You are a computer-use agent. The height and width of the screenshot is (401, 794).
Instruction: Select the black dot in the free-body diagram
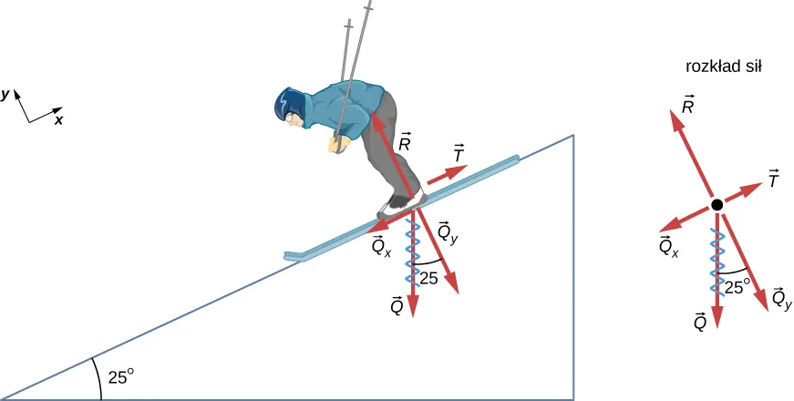(717, 205)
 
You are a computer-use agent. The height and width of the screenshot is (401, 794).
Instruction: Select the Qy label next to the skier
(447, 232)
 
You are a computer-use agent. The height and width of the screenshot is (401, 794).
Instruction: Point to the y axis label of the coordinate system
(6, 93)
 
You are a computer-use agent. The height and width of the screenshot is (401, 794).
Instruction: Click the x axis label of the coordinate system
(58, 118)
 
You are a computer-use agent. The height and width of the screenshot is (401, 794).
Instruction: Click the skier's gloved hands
(336, 143)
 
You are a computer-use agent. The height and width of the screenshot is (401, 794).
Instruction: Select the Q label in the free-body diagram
(699, 321)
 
